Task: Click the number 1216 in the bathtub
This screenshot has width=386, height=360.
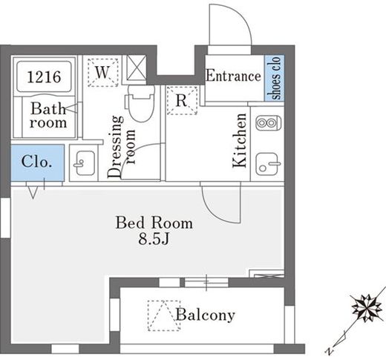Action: pos(44,76)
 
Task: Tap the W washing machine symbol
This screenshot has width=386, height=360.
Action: pos(103,73)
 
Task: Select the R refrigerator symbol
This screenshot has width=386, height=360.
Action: pos(182,100)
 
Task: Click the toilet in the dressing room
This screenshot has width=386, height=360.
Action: pos(140,102)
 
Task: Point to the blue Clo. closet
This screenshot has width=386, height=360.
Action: pos(38,163)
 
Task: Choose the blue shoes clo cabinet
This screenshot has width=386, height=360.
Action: pos(275,78)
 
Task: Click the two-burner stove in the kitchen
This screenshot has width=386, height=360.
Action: pos(269,123)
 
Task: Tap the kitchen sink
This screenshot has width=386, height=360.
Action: pos(268,164)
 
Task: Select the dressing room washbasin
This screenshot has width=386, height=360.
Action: pos(84,163)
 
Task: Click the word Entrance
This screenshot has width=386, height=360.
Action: pos(233,76)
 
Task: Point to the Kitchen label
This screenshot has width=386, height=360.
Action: pos(240,140)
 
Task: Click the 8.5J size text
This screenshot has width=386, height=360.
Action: pos(154,239)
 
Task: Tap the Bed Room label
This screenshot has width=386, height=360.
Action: pos(154,223)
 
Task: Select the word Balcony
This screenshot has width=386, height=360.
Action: pos(205,315)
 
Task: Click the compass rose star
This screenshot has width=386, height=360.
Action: pos(367,308)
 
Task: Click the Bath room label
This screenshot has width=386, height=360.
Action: pos(48,116)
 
